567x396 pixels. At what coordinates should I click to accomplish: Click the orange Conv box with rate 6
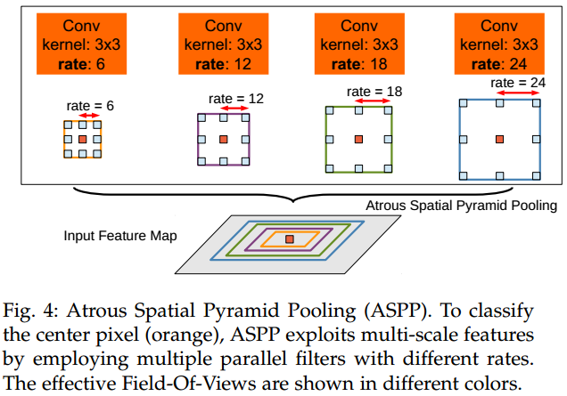tap(82, 41)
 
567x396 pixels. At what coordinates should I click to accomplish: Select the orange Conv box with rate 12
tap(220, 41)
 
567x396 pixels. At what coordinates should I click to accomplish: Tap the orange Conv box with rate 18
tap(357, 41)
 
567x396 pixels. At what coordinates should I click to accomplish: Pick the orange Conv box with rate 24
tap(497, 41)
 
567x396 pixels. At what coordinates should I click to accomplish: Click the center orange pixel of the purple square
tap(220, 139)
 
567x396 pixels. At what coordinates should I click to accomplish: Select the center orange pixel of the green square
tap(358, 139)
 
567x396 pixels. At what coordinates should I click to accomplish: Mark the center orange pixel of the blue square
tap(499, 139)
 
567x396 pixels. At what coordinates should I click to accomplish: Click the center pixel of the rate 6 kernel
tap(83, 140)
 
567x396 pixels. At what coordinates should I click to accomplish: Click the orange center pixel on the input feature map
tap(289, 238)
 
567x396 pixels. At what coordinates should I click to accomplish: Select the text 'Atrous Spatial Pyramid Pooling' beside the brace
tap(461, 206)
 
